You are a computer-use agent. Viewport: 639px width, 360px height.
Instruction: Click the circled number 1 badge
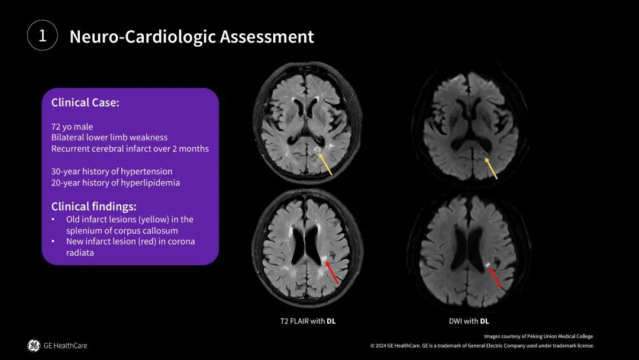[42, 36]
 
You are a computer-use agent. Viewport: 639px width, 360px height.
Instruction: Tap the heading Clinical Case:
[85, 102]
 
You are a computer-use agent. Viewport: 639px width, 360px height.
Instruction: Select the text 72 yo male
[72, 126]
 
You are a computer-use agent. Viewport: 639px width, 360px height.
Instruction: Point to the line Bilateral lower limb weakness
[109, 137]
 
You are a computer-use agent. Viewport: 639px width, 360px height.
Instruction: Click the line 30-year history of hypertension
[111, 171]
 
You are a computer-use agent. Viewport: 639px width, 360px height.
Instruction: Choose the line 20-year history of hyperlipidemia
[115, 182]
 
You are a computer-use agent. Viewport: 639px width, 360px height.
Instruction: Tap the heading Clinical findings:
[93, 207]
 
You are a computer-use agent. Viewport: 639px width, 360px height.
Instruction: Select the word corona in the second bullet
[181, 242]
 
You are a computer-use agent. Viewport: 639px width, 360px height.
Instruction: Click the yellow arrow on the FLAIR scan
[325, 164]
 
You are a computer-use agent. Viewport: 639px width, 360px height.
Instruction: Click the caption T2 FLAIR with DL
[308, 322]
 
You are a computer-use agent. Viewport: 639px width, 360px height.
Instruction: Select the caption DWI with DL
[469, 322]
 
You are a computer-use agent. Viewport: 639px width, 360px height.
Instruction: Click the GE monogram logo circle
[34, 345]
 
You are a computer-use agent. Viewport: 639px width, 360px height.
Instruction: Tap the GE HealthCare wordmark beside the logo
[65, 345]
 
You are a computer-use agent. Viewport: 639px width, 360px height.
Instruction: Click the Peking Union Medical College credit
[538, 336]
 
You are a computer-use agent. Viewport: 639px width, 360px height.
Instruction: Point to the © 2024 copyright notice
[482, 346]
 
